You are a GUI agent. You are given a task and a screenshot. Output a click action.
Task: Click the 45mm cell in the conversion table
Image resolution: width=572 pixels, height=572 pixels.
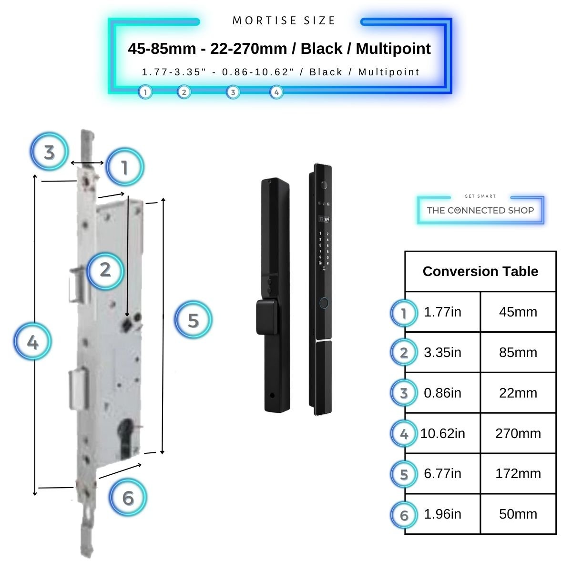tap(518, 312)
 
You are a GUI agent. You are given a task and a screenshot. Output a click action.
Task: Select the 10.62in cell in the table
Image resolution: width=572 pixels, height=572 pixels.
tap(442, 433)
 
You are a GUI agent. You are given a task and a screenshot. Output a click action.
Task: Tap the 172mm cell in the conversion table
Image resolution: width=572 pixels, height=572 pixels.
tap(518, 474)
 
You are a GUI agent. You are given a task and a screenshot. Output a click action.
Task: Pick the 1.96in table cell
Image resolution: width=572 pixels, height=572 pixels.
tap(442, 514)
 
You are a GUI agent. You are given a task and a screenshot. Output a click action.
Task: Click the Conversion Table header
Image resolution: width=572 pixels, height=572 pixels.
tap(480, 271)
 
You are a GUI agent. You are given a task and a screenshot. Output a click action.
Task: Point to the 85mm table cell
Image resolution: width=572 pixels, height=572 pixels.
tap(518, 353)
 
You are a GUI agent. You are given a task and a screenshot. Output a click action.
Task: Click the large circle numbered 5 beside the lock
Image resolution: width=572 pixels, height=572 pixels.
tap(193, 320)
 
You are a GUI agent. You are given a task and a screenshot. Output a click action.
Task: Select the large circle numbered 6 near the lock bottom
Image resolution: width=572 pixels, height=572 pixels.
tap(128, 498)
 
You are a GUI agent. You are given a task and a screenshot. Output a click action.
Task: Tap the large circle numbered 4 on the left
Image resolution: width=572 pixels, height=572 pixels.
tap(32, 342)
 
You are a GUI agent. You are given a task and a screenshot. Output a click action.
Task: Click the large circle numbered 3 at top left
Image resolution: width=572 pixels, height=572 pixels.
tap(49, 153)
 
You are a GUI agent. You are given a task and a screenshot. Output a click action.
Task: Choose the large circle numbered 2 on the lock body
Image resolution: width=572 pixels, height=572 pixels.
tap(105, 270)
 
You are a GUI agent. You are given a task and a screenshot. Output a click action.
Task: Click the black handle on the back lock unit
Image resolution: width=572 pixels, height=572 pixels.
tap(266, 316)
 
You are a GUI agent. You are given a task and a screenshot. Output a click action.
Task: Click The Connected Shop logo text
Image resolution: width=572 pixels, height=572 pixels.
tap(480, 210)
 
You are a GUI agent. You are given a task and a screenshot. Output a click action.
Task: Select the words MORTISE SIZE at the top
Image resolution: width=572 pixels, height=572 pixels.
tap(284, 20)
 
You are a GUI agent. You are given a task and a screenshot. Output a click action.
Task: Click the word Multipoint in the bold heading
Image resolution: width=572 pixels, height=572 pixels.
tap(393, 49)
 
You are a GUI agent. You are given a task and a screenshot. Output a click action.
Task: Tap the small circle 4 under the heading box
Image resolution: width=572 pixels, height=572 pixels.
tap(276, 92)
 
